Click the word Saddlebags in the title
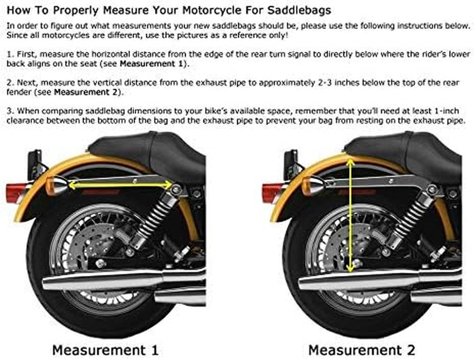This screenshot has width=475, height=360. click(299, 10)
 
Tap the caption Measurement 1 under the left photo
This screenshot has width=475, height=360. click(105, 350)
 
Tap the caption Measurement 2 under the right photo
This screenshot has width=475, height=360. click(361, 350)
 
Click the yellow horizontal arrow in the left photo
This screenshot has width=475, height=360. click(121, 184)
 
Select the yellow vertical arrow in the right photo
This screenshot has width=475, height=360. click(351, 216)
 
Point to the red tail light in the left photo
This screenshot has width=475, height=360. click(17, 192)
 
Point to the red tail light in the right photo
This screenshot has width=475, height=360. click(273, 192)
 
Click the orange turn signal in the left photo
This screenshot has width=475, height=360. click(57, 185)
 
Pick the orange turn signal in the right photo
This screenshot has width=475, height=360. click(313, 185)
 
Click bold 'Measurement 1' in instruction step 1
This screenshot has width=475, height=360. click(152, 64)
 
